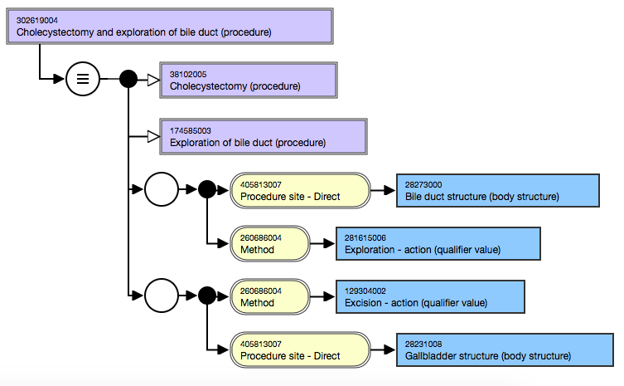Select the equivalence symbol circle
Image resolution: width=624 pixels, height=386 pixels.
click(x=82, y=80)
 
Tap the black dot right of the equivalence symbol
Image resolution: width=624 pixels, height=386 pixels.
click(x=128, y=80)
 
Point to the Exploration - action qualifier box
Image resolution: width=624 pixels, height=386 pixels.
click(x=438, y=243)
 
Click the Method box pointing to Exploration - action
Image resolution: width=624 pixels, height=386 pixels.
click(x=269, y=243)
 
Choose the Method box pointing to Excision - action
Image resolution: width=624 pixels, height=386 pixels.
click(x=269, y=297)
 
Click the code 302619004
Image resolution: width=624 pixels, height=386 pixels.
click(x=37, y=19)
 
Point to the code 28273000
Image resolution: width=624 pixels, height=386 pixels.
click(x=423, y=184)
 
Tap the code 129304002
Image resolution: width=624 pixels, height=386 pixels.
click(x=365, y=291)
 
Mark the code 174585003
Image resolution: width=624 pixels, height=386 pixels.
click(x=191, y=130)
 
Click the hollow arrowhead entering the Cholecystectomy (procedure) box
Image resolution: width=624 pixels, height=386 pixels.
click(x=152, y=80)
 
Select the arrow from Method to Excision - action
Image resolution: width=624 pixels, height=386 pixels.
click(x=322, y=297)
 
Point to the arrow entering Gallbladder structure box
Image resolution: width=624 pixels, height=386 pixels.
click(x=382, y=350)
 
